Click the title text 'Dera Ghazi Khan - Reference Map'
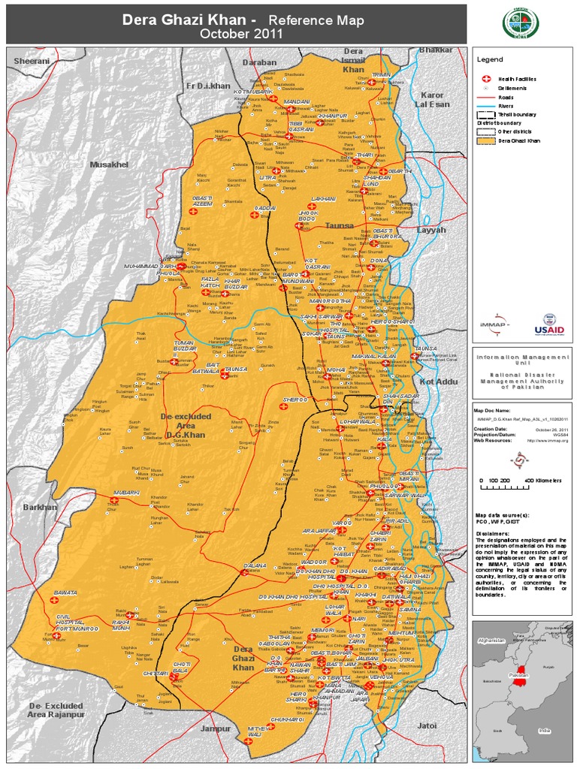243,20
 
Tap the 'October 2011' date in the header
243,34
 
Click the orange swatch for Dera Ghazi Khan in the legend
485,140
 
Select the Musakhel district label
109,164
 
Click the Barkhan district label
40,507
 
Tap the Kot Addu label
438,382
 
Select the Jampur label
216,728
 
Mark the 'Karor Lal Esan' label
432,100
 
